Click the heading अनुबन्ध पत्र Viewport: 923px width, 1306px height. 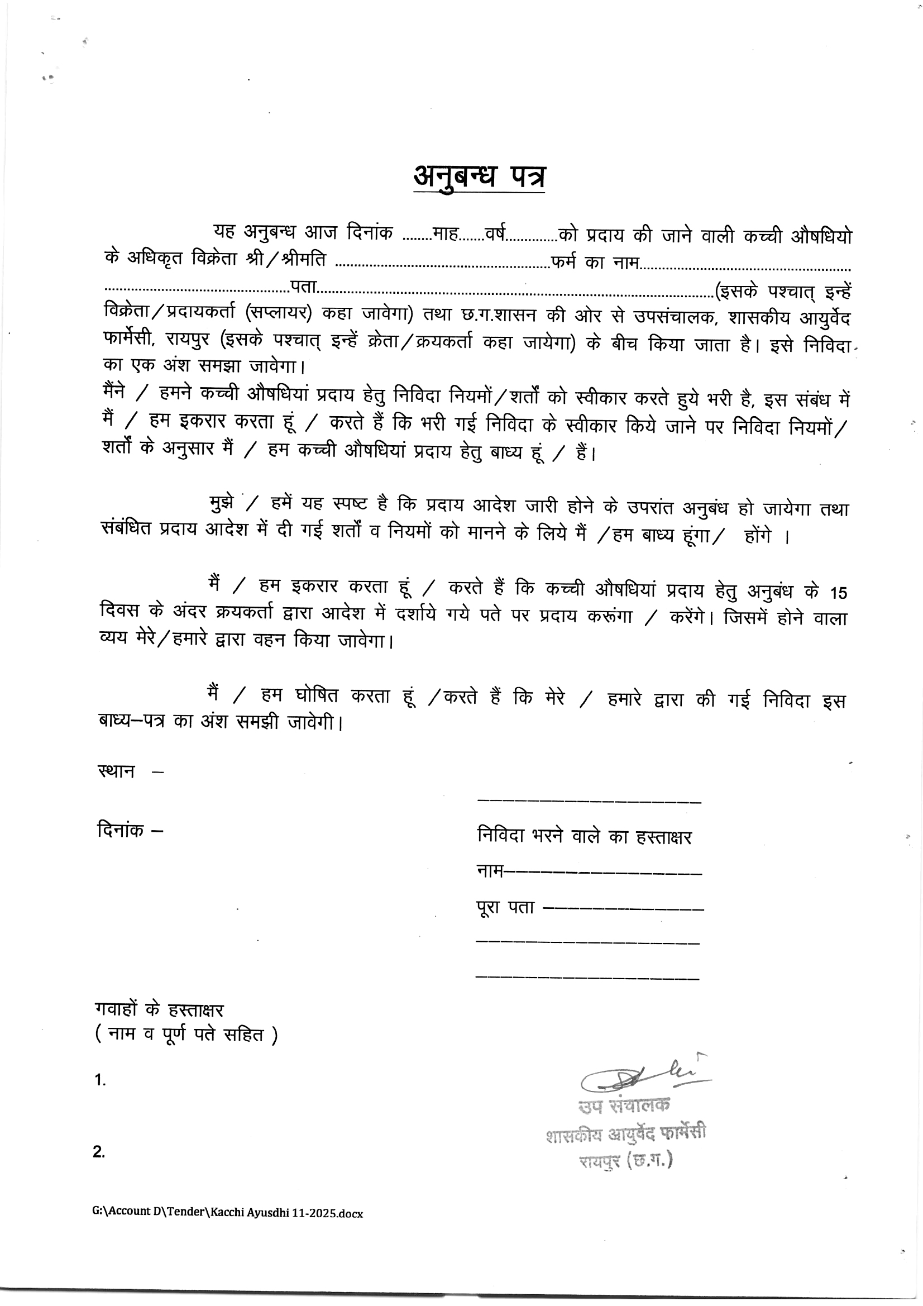point(479,177)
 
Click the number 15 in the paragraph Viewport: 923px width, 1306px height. point(838,593)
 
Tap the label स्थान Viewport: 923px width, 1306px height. point(117,772)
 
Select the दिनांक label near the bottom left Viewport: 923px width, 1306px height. point(121,830)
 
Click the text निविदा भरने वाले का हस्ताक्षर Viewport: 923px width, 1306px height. point(584,837)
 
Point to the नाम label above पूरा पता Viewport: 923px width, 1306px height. point(490,871)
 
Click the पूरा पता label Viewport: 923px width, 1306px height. point(505,907)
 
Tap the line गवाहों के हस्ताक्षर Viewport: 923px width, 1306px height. point(159,1009)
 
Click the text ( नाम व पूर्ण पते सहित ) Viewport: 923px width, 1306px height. point(186,1035)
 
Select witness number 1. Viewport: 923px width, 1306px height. point(100,1080)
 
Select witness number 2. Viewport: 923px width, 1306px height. point(99,1152)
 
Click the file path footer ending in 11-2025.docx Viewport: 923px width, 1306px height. point(227,1212)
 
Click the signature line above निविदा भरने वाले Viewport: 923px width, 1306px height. point(589,802)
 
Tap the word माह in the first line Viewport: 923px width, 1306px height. point(445,234)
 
